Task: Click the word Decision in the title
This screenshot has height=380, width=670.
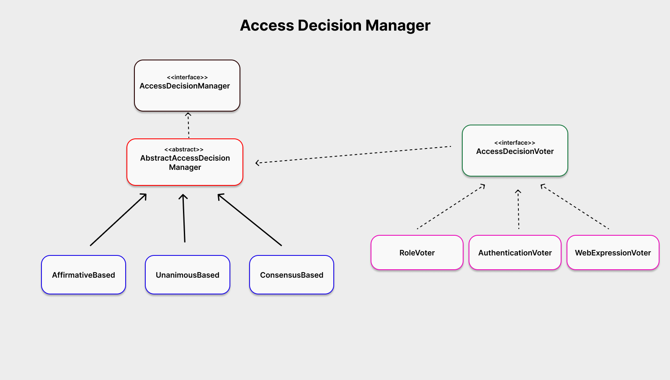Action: (x=330, y=25)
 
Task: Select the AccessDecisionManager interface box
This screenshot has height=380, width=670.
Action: (x=187, y=86)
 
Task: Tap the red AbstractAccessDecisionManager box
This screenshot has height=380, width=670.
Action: (x=185, y=162)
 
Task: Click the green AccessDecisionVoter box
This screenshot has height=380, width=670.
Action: (x=515, y=151)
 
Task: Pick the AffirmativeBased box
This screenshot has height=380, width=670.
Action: (x=83, y=275)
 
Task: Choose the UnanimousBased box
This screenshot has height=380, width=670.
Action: (x=188, y=275)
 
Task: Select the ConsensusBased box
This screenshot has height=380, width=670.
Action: (x=291, y=275)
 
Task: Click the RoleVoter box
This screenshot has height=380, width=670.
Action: (x=417, y=252)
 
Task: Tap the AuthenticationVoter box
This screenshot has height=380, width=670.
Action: (x=515, y=252)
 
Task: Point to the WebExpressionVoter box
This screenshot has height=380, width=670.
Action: (x=613, y=252)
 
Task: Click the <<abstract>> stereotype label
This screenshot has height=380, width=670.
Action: (x=184, y=150)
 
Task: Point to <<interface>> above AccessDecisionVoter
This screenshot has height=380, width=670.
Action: (x=515, y=143)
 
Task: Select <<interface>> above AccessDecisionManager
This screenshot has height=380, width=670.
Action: (x=187, y=78)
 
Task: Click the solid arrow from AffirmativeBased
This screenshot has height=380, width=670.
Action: (x=119, y=220)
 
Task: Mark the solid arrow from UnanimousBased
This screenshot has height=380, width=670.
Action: (x=184, y=218)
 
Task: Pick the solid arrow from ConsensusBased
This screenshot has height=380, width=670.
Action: (x=250, y=220)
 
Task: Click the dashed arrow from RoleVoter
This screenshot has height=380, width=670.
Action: (x=451, y=206)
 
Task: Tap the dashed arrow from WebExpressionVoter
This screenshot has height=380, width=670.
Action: (x=575, y=206)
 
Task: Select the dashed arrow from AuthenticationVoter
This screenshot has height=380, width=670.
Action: (x=518, y=209)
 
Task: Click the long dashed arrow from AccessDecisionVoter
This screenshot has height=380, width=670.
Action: (x=353, y=155)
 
